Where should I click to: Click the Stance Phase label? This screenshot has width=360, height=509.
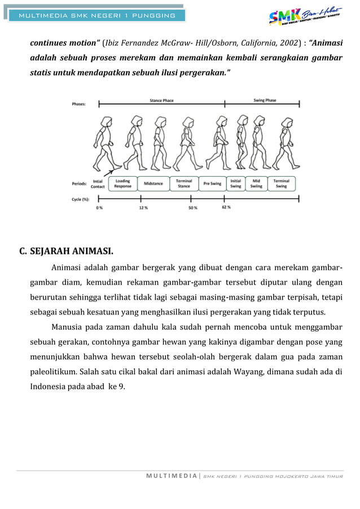coord(161,101)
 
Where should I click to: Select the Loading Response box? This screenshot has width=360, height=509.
coord(122,183)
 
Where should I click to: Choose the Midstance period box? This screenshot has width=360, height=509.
coord(153,183)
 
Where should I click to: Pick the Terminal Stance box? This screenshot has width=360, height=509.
coord(184,183)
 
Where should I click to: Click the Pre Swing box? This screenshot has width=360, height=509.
coord(212,183)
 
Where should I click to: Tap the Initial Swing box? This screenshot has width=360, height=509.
coord(235,183)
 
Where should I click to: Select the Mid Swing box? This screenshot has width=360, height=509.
coord(257,183)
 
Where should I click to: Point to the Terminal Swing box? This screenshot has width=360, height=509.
coord(282,183)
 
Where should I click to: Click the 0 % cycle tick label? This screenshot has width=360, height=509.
coord(99,207)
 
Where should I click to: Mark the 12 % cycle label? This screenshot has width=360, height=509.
coord(143,207)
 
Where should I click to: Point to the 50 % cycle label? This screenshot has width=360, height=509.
coord(192,207)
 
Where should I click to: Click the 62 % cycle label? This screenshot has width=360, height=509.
coord(226,207)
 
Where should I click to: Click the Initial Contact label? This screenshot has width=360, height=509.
coord(98,184)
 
